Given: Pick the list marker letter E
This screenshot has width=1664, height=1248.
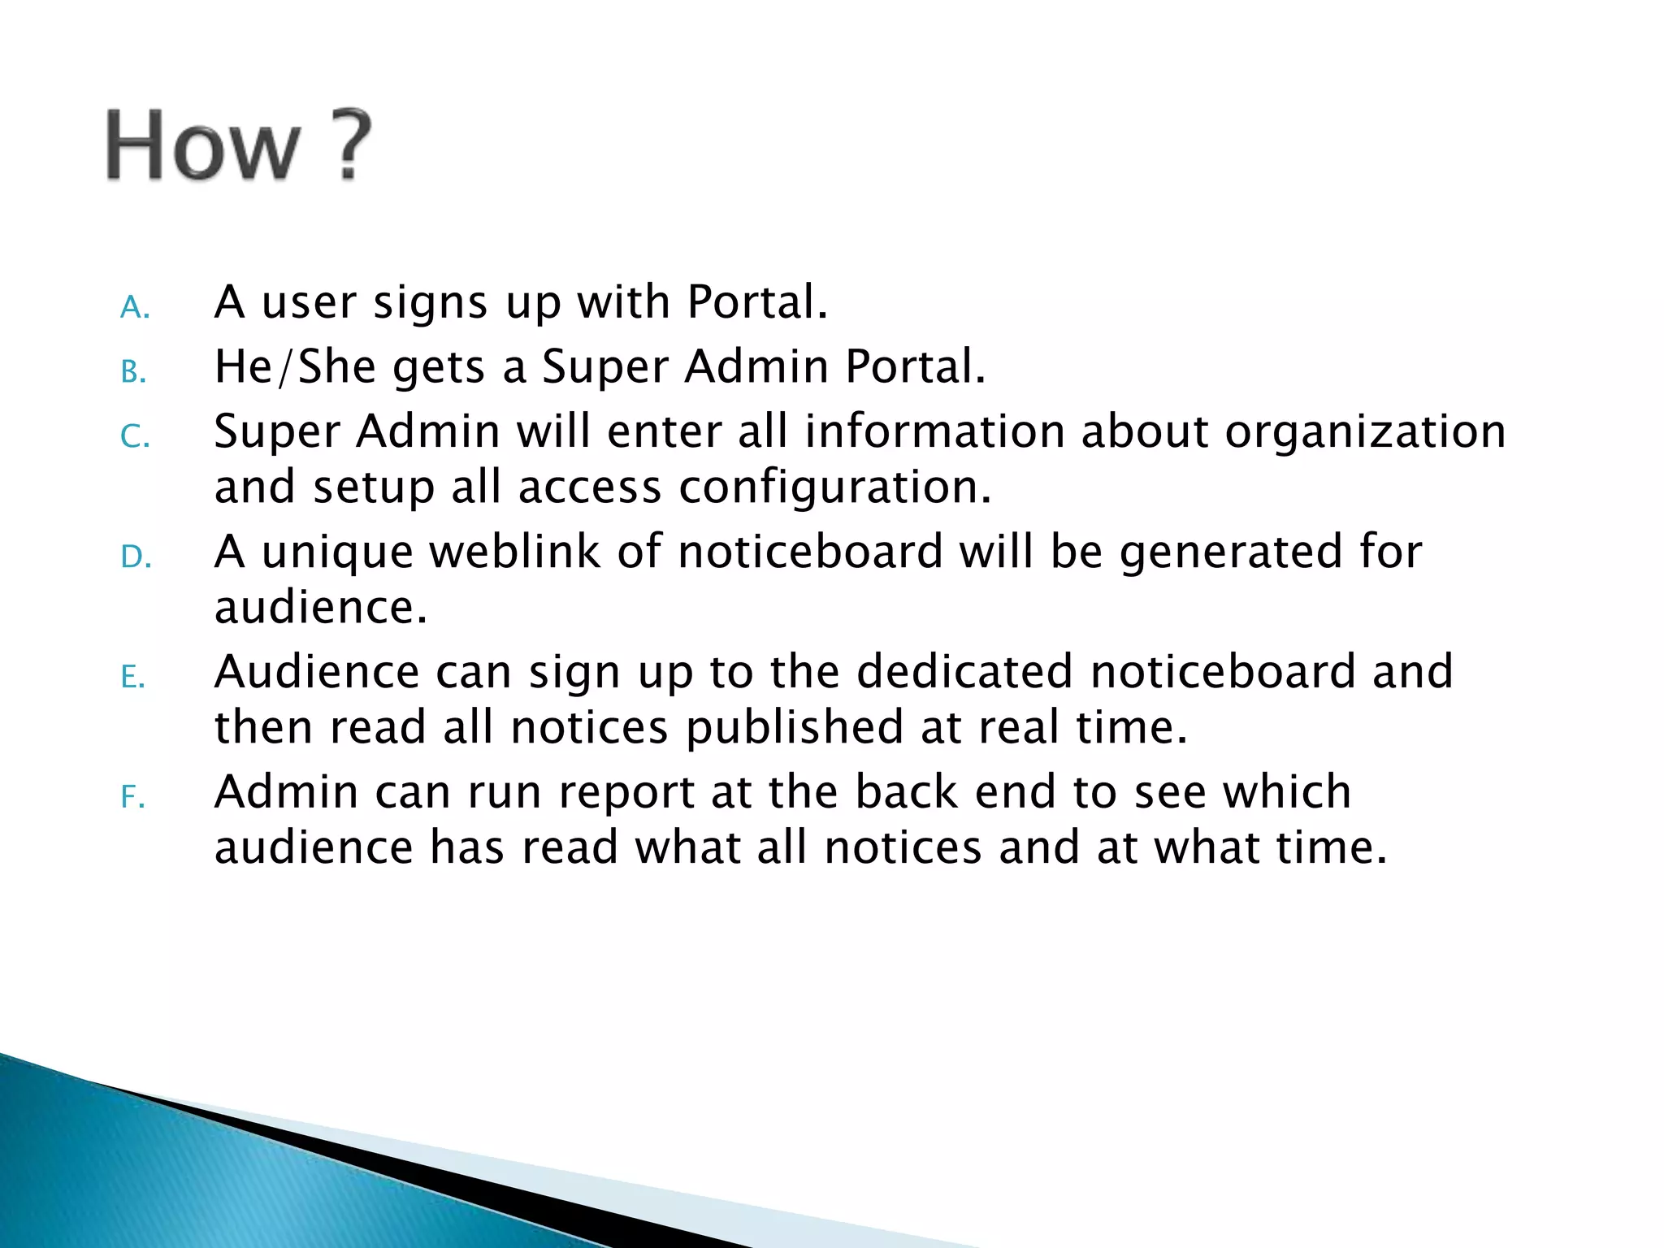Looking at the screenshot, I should click(x=133, y=677).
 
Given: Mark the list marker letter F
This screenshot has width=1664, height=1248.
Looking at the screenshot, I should click(x=132, y=797).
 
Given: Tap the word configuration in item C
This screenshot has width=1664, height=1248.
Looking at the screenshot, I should click(x=835, y=487).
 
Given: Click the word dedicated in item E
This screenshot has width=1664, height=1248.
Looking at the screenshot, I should click(x=964, y=671).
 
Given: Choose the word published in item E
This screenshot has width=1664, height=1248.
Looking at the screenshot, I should click(x=795, y=727).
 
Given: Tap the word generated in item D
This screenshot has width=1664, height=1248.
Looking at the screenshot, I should click(x=1231, y=552).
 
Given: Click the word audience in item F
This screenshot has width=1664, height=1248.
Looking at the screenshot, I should click(x=314, y=847).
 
